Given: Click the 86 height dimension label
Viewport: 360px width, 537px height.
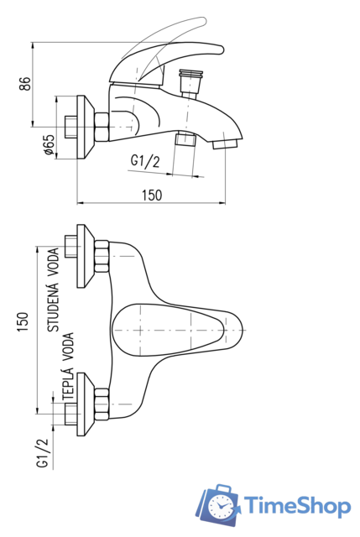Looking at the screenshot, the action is [24, 84].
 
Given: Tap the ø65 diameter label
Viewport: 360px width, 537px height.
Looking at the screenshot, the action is [49, 144].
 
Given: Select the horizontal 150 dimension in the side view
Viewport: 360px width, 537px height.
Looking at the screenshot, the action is [152, 195].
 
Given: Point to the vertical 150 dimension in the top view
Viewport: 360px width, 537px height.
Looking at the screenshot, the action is [23, 321].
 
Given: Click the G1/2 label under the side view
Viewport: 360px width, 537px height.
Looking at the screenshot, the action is [145, 161].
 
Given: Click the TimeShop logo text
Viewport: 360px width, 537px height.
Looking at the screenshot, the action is [297, 506].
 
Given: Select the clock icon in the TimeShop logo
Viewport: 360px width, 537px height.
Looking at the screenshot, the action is [220, 506].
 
